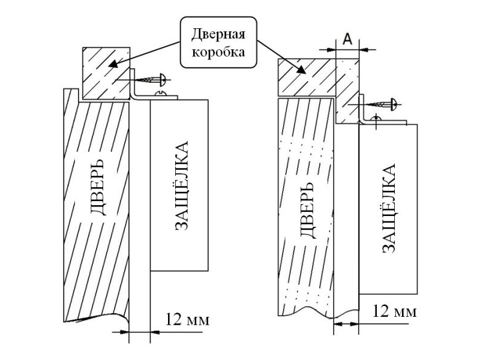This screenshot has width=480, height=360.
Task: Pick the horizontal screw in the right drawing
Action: point(384,103)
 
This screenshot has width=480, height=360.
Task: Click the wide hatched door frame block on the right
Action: point(305,76)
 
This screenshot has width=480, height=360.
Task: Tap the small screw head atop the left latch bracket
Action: point(161,94)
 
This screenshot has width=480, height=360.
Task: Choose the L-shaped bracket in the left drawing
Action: point(139,94)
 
